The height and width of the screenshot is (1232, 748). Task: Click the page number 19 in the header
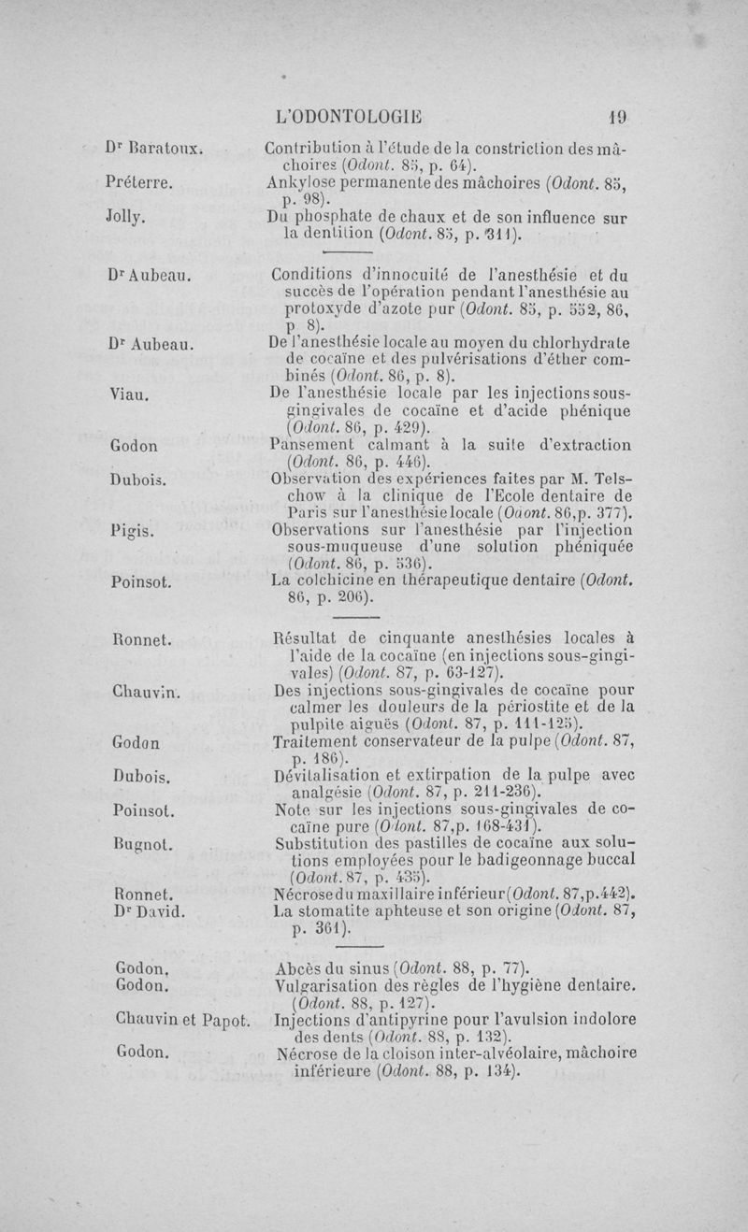[617, 119]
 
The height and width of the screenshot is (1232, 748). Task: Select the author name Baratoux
[165, 148]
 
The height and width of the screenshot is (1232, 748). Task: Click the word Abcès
[300, 967]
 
